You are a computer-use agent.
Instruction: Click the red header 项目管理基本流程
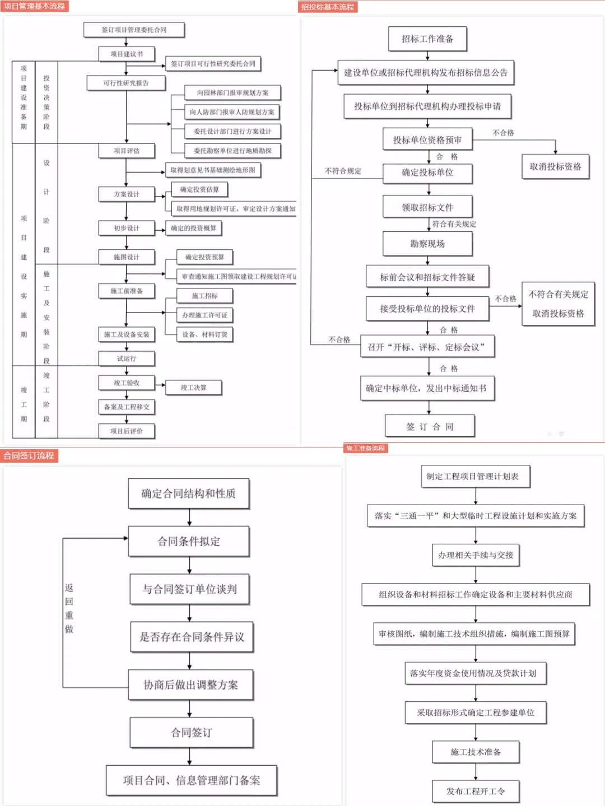[x=34, y=6]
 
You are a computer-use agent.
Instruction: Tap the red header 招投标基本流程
[x=328, y=7]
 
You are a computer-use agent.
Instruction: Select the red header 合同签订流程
[x=29, y=455]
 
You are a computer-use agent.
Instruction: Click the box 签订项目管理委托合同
[x=134, y=30]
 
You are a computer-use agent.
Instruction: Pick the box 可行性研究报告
[x=126, y=83]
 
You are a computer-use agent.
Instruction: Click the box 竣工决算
[x=194, y=387]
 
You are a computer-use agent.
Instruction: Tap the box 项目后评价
[x=127, y=431]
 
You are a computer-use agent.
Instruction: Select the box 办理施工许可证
[x=204, y=315]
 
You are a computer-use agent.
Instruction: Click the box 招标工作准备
[x=427, y=39]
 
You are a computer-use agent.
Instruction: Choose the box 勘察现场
[x=427, y=244]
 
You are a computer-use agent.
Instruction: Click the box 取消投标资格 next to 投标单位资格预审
[x=555, y=166]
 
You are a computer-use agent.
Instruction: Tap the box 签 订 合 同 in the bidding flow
[x=430, y=426]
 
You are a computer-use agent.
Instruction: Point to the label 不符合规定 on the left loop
[x=343, y=171]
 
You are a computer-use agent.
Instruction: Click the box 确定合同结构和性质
[x=189, y=493]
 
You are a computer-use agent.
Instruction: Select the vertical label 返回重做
[x=69, y=608]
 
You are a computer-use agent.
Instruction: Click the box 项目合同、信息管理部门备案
[x=192, y=780]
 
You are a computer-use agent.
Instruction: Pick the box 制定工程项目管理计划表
[x=475, y=476]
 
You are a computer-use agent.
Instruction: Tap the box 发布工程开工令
[x=476, y=791]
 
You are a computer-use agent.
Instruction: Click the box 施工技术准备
[x=476, y=752]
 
